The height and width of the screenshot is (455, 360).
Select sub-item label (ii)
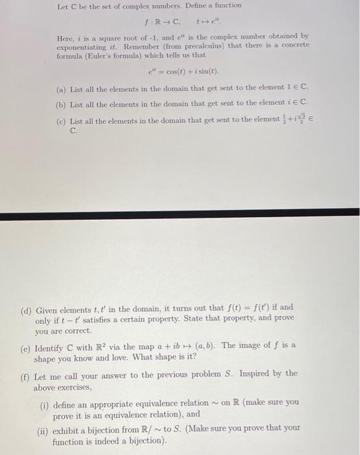pos(45,428)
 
